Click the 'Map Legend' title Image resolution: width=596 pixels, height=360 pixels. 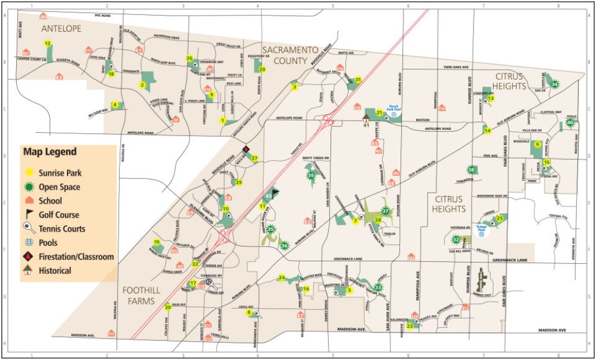pyautogui.click(x=50, y=152)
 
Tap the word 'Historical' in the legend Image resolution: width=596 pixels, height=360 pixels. pyautogui.click(x=55, y=270)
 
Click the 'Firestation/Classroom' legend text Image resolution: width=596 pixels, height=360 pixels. pyautogui.click(x=76, y=257)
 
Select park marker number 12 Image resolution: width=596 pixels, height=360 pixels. pyautogui.click(x=47, y=42)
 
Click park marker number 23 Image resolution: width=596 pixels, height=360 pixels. pyautogui.click(x=410, y=327)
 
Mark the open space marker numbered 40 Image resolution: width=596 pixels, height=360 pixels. pyautogui.click(x=570, y=123)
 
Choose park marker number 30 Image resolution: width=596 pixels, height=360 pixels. pyautogui.click(x=168, y=308)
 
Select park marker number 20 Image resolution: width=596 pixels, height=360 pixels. pyautogui.click(x=262, y=69)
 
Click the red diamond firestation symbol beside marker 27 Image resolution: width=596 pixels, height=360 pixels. pyautogui.click(x=245, y=150)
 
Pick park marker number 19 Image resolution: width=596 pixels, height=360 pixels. pyautogui.click(x=157, y=242)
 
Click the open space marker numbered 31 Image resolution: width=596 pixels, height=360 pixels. pyautogui.click(x=358, y=80)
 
